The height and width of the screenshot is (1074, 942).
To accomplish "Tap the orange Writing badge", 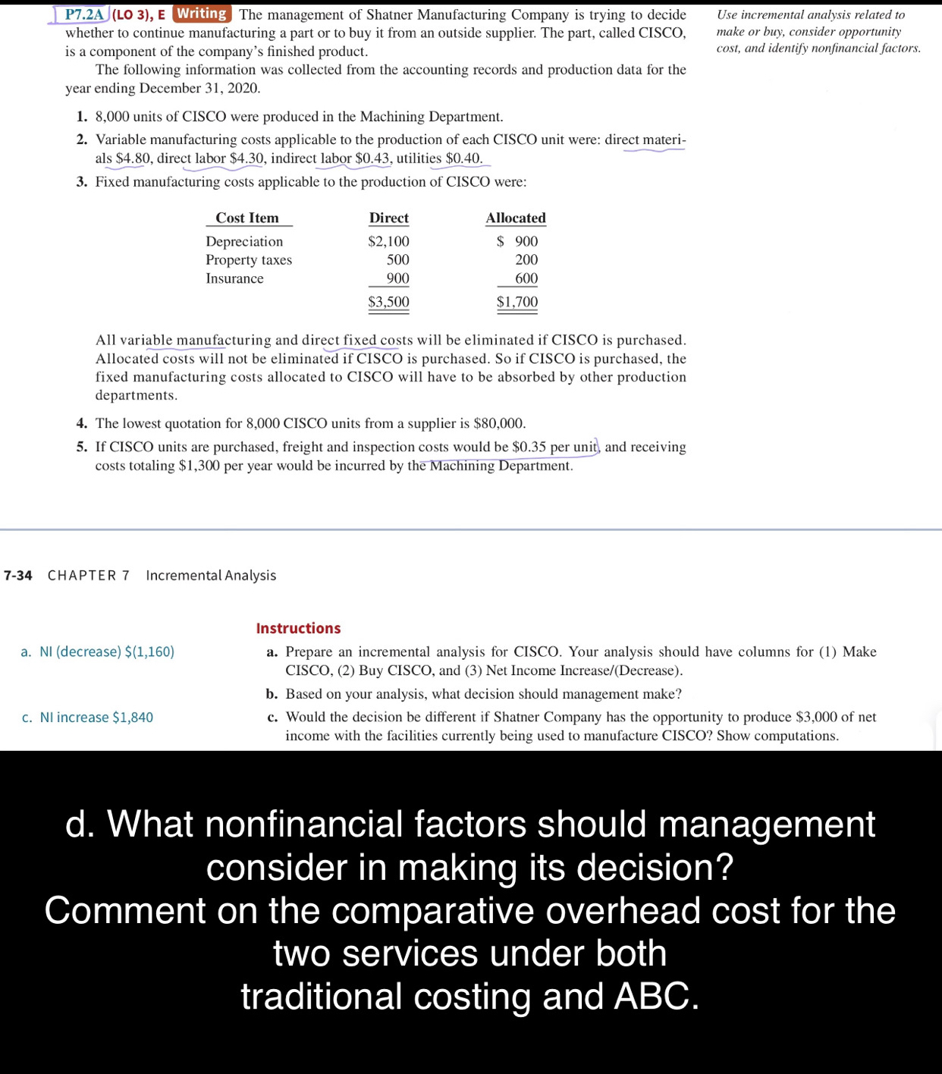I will [202, 14].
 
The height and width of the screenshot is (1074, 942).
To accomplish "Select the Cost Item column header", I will [247, 218].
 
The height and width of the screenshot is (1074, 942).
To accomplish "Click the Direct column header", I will [388, 218].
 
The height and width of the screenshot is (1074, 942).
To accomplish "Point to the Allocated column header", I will [516, 218].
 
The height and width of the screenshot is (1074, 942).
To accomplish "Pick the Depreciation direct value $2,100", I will [388, 242].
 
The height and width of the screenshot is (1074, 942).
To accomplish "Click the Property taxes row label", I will [249, 260].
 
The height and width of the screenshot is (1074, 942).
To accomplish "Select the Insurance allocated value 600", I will [526, 278].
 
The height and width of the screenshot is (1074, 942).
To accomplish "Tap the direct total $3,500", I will [388, 302].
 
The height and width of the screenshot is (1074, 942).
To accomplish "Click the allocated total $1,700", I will [517, 302].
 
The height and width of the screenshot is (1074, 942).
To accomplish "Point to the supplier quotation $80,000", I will [498, 423].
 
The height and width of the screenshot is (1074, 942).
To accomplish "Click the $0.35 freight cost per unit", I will [529, 447].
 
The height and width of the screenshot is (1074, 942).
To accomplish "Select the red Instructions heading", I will [298, 628].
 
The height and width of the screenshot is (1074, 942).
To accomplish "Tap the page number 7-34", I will [18, 576].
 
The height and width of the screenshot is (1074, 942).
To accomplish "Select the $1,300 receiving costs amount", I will [199, 466].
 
